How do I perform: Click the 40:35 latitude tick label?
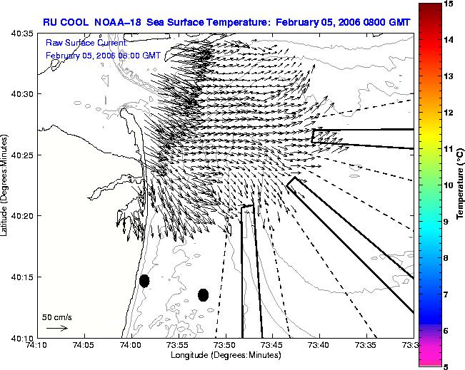[x=23, y=34]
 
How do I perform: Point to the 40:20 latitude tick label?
[x=23, y=216]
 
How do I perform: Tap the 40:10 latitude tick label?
[x=23, y=338]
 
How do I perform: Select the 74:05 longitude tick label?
[x=85, y=345]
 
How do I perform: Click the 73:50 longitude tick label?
[x=226, y=345]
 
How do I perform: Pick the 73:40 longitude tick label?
[x=320, y=345]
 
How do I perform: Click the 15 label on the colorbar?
[x=449, y=4]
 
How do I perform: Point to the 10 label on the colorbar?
[x=449, y=185]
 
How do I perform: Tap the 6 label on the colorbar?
[x=446, y=331]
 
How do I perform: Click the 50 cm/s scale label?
[x=57, y=317]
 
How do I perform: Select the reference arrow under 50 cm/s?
[x=57, y=328]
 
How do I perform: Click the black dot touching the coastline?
[x=144, y=281]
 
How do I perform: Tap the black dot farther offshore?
[x=203, y=295]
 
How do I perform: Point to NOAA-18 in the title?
[x=117, y=23]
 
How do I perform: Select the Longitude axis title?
[x=226, y=355]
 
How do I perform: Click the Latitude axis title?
[x=4, y=185]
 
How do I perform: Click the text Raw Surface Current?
[x=87, y=43]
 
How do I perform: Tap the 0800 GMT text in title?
[x=386, y=23]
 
